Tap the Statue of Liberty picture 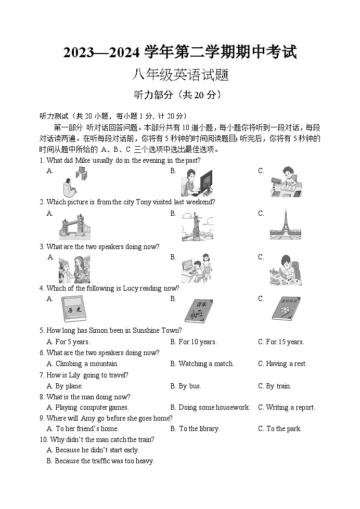197,227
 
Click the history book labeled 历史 72,309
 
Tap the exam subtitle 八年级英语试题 180,75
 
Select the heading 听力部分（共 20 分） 179,95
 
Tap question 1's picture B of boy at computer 196,183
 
